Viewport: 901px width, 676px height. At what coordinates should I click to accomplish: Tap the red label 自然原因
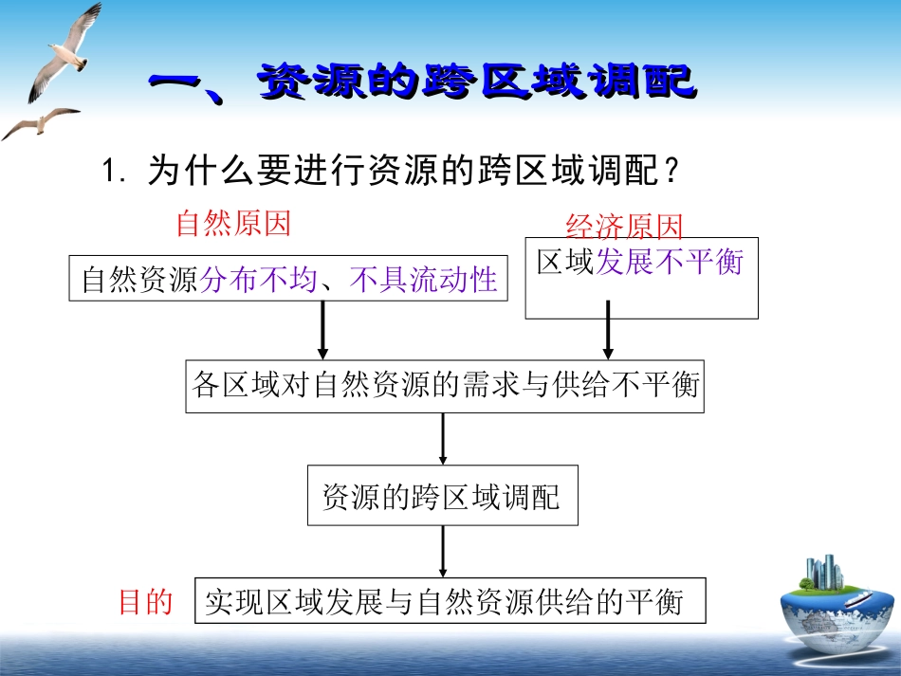coord(233,224)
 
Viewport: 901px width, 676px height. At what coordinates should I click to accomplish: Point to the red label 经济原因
coord(624,228)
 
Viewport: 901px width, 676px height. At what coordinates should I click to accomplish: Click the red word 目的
coord(145,601)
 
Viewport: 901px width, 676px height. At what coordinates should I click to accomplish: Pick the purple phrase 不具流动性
coord(423,280)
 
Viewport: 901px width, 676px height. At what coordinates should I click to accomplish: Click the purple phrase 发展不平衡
coord(670,262)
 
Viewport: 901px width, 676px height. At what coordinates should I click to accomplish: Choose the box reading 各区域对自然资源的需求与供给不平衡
coord(445,386)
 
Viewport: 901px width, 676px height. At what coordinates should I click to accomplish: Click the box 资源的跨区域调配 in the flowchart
coord(442,495)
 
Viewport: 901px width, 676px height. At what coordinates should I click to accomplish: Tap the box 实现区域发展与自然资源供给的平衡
coord(450,601)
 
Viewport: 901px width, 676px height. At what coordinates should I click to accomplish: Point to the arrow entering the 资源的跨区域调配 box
coord(443,439)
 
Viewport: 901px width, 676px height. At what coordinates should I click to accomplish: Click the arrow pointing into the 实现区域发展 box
coord(443,551)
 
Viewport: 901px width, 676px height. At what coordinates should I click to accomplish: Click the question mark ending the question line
coord(671,172)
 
